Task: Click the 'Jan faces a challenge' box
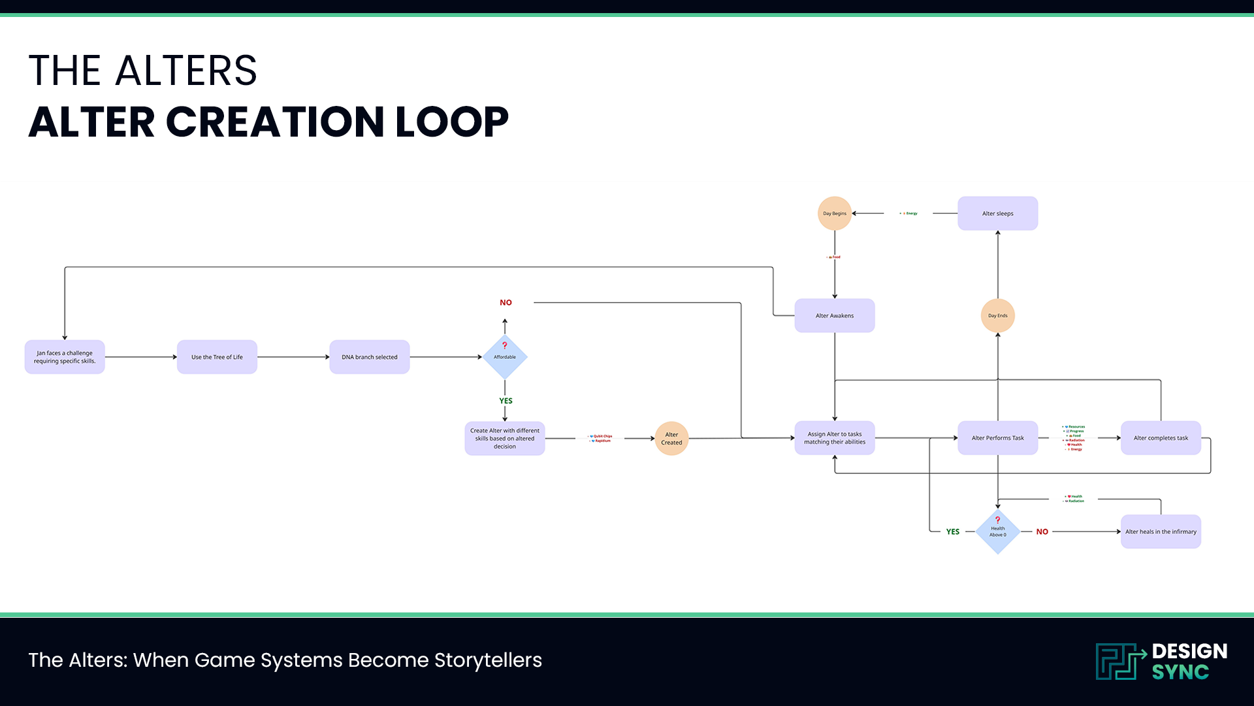point(65,357)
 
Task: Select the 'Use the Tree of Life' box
point(217,357)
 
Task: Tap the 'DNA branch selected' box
point(369,357)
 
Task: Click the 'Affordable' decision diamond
point(505,357)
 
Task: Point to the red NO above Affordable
point(506,303)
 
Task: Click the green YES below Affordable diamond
point(506,401)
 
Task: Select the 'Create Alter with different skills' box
point(505,439)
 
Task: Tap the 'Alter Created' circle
point(671,439)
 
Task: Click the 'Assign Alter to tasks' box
point(835,438)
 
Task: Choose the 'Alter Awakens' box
point(835,316)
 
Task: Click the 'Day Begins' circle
point(835,213)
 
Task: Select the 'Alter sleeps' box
point(997,213)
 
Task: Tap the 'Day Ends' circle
point(997,316)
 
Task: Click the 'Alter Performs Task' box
point(997,438)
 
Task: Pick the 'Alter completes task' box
point(1161,438)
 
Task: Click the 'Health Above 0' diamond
point(997,532)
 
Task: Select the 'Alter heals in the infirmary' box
point(1161,531)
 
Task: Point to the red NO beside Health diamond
point(1042,532)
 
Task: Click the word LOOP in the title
point(451,122)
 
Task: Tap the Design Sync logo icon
point(1120,662)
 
